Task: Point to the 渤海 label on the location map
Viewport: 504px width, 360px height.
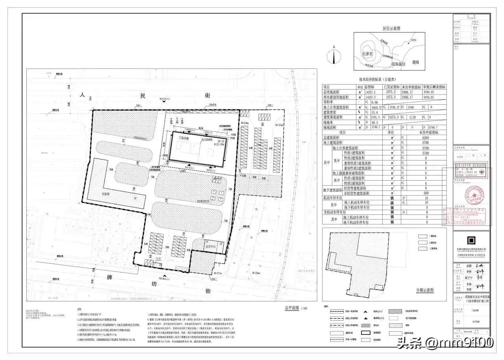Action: click(415, 62)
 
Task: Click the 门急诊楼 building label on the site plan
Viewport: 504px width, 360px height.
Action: click(183, 138)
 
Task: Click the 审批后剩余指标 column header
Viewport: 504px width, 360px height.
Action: click(434, 87)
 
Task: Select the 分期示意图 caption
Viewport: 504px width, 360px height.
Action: click(425, 290)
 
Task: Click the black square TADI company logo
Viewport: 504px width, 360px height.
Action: click(471, 240)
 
